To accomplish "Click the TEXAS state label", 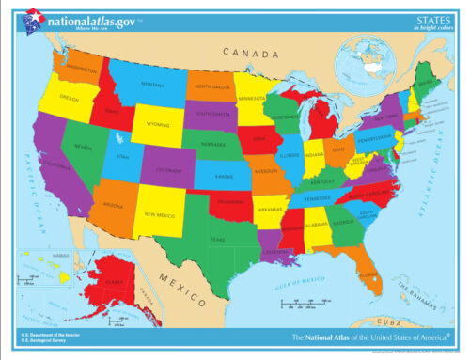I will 217,239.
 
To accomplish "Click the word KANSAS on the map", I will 223,176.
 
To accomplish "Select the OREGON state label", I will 69,97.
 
